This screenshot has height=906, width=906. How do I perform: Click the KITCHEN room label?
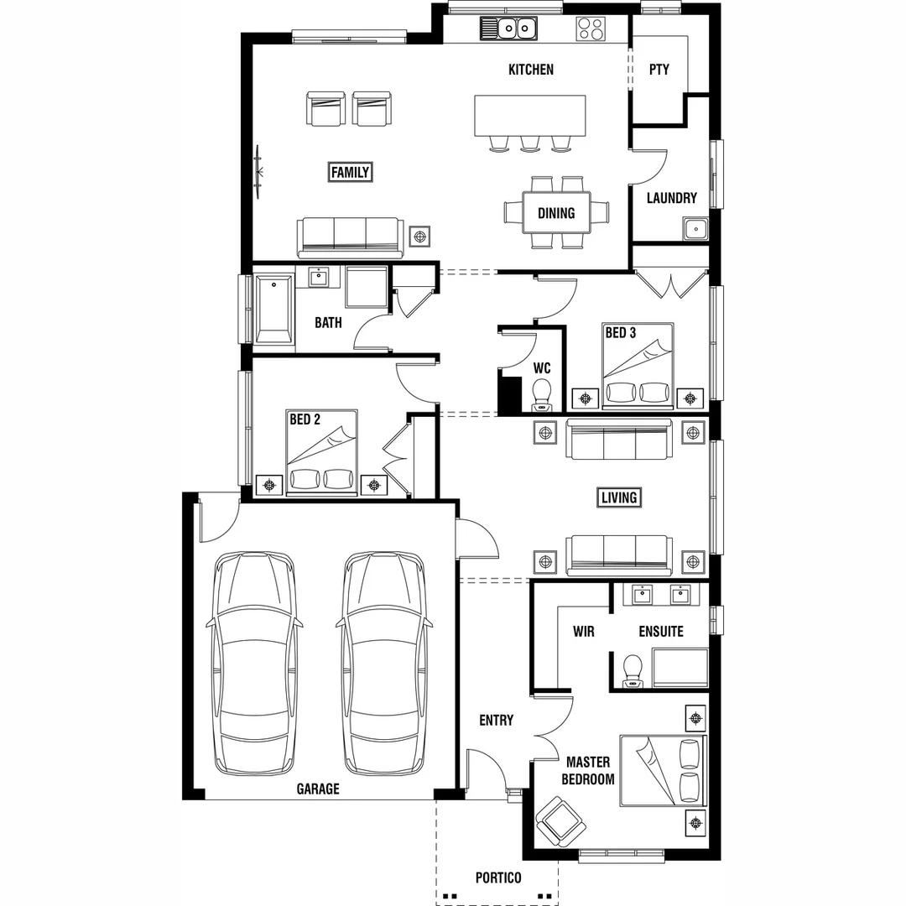click(x=531, y=70)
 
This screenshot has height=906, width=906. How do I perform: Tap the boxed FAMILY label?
click(x=350, y=173)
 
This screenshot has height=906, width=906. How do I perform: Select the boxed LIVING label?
click(x=619, y=497)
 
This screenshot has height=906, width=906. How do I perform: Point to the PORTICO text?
click(x=497, y=878)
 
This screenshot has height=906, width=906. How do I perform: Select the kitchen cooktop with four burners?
click(x=591, y=29)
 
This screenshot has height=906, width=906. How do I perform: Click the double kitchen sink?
click(x=508, y=29)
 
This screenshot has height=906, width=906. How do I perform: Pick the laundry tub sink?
click(x=695, y=229)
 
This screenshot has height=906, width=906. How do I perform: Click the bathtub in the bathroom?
click(x=274, y=310)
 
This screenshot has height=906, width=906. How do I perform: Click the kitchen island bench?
click(x=530, y=115)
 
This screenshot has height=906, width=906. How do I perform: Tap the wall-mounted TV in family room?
click(x=260, y=172)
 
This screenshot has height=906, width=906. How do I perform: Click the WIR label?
click(x=584, y=632)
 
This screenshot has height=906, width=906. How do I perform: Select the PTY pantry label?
click(x=659, y=70)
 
